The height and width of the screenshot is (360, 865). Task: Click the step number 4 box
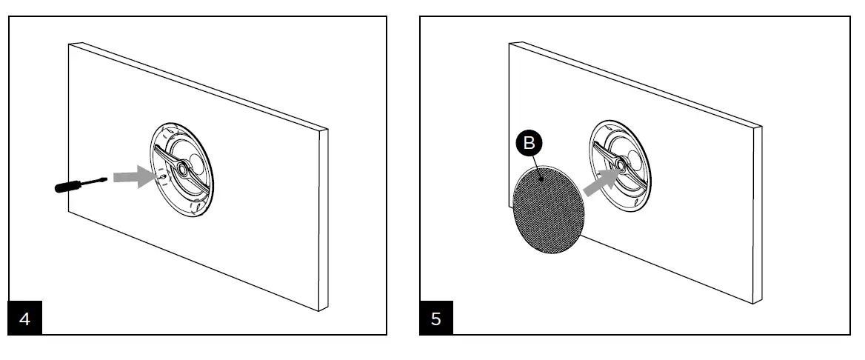pyautogui.click(x=25, y=320)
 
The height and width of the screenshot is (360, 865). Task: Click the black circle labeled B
pyautogui.click(x=528, y=144)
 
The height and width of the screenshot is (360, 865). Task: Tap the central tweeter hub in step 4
pyautogui.click(x=178, y=167)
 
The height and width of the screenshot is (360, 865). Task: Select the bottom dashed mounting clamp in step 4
pyautogui.click(x=194, y=208)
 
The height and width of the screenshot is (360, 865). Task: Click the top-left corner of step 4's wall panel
pyautogui.click(x=69, y=44)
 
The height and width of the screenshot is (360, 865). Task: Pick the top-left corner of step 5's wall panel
pyautogui.click(x=510, y=43)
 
